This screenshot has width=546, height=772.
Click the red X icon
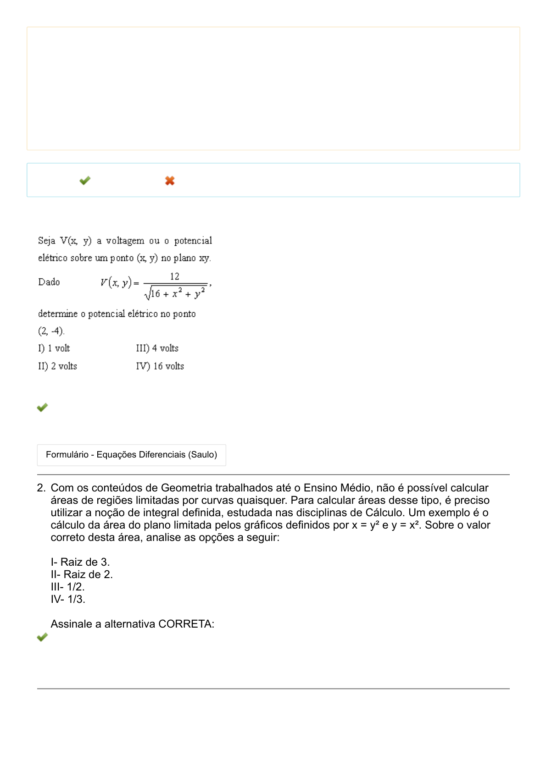tap(170, 181)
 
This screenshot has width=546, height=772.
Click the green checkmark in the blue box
tap(85, 181)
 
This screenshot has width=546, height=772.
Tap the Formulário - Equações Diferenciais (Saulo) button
tap(131, 455)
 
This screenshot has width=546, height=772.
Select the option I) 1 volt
tap(54, 348)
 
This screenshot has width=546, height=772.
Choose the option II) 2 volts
tap(57, 366)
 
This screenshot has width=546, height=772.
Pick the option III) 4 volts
tap(157, 348)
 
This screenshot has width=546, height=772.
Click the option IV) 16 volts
tap(160, 366)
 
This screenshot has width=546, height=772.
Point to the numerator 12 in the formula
tap(174, 276)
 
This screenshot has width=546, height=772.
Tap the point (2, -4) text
tap(51, 331)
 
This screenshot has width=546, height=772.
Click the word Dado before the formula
tap(49, 282)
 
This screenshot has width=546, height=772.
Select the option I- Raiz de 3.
tap(80, 562)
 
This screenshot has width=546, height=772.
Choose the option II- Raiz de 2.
tap(82, 574)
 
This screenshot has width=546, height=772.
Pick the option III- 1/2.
tap(68, 587)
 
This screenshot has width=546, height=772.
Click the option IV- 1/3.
tap(68, 599)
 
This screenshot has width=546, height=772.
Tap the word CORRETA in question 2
tap(186, 624)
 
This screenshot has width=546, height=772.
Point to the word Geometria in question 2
tap(186, 488)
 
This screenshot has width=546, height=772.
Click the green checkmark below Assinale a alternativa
tap(42, 637)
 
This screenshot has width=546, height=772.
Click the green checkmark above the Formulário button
tap(42, 407)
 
